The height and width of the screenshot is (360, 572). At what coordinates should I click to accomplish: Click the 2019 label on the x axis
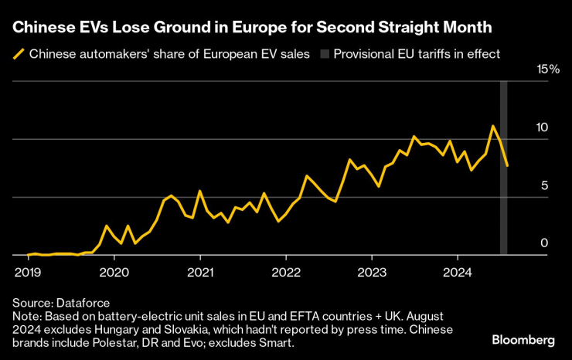point(29,272)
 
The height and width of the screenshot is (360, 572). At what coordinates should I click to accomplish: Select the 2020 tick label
point(114,272)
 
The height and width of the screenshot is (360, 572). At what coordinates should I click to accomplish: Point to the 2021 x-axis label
point(200,272)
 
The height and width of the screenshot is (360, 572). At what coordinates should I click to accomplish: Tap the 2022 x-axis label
point(286,272)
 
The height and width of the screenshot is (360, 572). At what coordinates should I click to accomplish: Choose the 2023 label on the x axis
point(371,272)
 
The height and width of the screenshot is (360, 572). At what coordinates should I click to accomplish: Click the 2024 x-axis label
point(457,272)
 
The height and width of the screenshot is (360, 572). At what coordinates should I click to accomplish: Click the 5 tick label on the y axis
point(544,185)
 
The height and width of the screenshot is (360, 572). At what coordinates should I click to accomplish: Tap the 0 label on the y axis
point(544,243)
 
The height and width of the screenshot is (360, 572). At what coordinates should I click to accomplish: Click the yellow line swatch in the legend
point(19,54)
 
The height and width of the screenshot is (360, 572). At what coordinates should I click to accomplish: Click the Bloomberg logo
point(523,340)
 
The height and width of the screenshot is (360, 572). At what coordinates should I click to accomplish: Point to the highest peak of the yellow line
point(492,126)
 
